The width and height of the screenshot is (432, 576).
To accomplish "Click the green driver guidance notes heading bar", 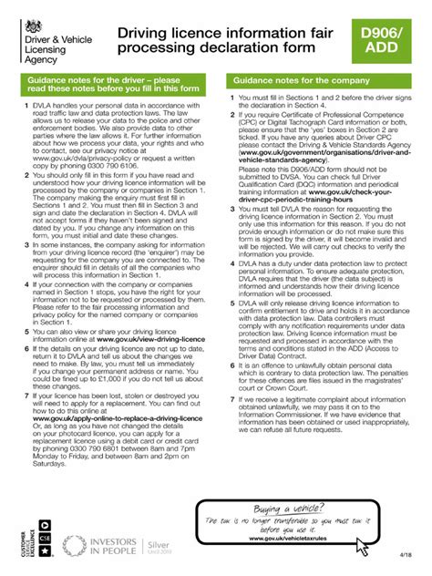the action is (113, 87).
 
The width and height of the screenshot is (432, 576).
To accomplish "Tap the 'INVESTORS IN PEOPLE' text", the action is (107, 546).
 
